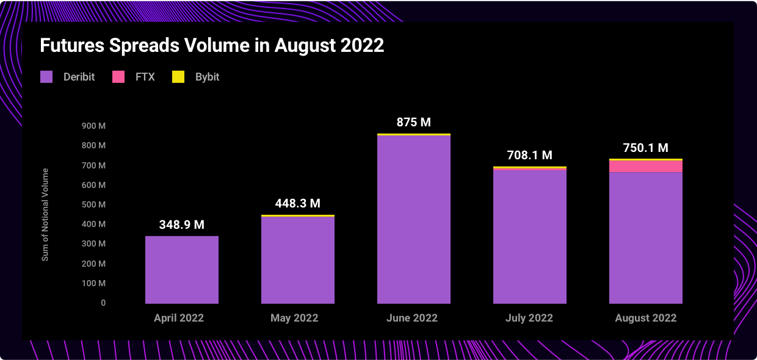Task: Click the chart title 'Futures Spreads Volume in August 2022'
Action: [212, 45]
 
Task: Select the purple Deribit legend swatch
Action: [46, 77]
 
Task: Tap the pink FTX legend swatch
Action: [118, 77]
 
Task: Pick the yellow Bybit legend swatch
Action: [178, 77]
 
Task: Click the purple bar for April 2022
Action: [182, 270]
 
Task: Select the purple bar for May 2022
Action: [298, 261]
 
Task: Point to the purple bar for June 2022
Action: [414, 220]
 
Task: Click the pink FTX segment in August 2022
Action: [646, 167]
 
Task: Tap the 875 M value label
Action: [414, 122]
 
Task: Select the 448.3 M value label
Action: [297, 203]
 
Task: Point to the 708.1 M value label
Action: [529, 155]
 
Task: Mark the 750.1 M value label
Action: [645, 148]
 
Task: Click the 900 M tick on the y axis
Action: [94, 126]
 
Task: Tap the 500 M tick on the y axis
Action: [94, 204]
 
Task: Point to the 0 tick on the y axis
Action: [103, 303]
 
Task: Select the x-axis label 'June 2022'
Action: [412, 318]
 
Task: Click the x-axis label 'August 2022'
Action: [646, 318]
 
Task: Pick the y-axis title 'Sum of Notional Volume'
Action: [45, 215]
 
